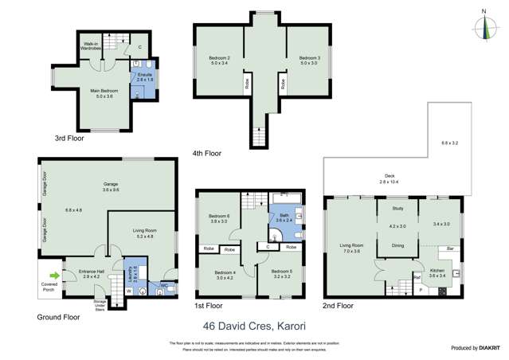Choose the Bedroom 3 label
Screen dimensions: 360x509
pyautogui.click(x=309, y=59)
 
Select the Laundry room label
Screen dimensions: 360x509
pyautogui.click(x=135, y=275)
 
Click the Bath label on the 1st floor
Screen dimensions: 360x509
pyautogui.click(x=284, y=215)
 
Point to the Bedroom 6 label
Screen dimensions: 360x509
pyautogui.click(x=219, y=217)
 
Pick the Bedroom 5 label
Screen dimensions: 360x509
pyautogui.click(x=280, y=272)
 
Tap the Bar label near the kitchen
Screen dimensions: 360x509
pyautogui.click(x=450, y=249)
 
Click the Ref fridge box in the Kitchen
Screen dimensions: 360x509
pyautogui.click(x=417, y=277)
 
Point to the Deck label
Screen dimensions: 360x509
pyautogui.click(x=390, y=176)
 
